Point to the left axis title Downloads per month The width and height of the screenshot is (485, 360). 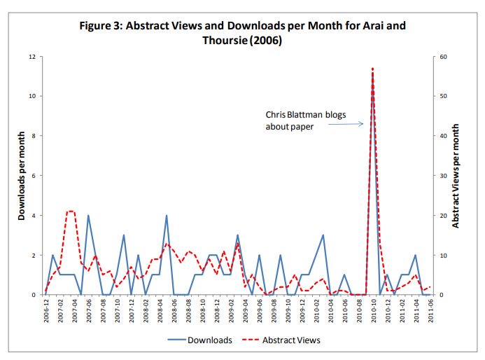[x=22, y=176]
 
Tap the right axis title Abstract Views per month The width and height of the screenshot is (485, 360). [x=456, y=176]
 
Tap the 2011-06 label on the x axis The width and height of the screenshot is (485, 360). [x=430, y=312]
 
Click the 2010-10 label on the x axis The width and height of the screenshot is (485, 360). [x=373, y=312]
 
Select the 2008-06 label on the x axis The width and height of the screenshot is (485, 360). [x=174, y=312]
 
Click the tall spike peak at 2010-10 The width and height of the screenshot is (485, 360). [x=372, y=69]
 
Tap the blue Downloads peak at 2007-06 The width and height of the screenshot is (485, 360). [x=88, y=216]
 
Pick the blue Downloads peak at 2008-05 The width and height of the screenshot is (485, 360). [x=166, y=216]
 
